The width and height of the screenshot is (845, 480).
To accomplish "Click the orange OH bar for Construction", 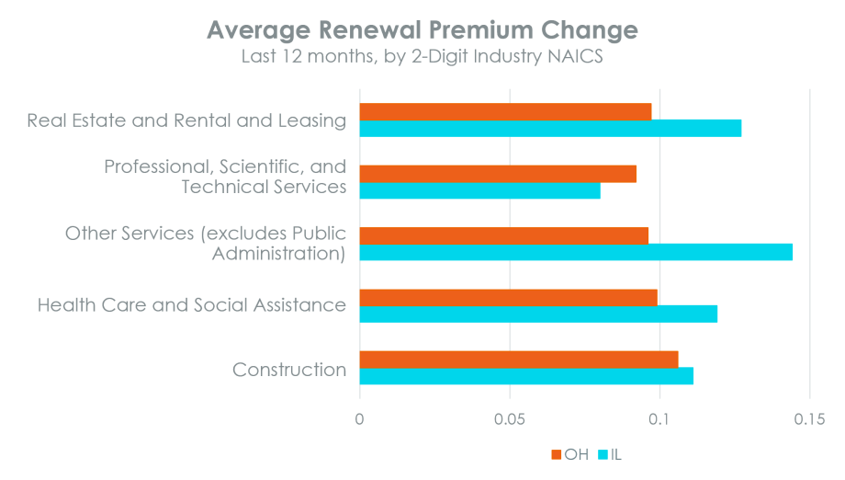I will (519, 359).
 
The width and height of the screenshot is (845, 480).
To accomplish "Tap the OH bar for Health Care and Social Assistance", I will (509, 297).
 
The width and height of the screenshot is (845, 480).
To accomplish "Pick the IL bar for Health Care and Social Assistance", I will (538, 314).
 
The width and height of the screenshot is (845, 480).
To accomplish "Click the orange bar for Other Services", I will (504, 234).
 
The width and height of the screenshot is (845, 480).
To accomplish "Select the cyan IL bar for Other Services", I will (576, 252).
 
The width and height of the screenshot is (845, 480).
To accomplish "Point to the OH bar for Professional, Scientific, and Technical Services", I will (498, 173).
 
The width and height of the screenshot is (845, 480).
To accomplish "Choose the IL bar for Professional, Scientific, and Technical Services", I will (480, 190).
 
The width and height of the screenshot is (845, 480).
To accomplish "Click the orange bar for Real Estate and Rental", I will (505, 111).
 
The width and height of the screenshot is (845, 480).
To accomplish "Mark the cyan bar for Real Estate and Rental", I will (550, 129).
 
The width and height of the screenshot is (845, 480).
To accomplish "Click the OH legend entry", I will (569, 454).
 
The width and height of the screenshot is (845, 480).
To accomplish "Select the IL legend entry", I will (610, 454).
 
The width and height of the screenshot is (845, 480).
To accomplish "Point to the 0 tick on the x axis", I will (359, 419).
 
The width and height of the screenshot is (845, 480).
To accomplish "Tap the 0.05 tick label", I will (509, 419).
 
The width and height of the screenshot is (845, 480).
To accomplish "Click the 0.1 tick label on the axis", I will (659, 419).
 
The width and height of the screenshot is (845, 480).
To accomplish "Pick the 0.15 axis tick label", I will (808, 419).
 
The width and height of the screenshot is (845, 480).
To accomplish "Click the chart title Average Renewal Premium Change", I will (422, 29).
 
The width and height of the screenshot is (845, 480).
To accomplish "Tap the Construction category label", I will (289, 370).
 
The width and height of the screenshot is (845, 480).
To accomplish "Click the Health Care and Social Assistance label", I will (192, 305).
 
